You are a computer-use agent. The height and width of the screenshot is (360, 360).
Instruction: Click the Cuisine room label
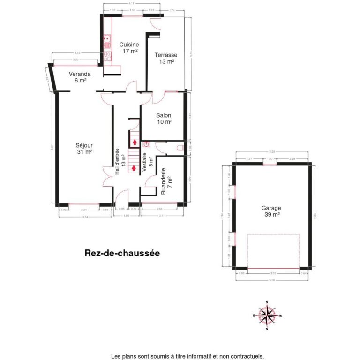click(130, 48)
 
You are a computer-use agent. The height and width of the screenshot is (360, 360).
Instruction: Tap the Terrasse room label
click(166, 58)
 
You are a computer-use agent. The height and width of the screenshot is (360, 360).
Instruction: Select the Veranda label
click(79, 77)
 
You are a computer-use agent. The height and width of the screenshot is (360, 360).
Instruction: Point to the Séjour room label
click(84, 148)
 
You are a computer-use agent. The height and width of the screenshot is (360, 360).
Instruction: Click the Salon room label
click(164, 119)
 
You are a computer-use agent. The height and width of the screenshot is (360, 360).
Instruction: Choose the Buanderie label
click(166, 182)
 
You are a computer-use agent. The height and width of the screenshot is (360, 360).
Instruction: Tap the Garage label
click(271, 211)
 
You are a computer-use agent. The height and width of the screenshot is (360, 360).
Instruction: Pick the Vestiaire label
click(148, 163)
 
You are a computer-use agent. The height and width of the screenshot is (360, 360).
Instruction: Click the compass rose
click(267, 315)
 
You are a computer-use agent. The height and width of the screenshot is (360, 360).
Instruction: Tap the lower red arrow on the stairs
click(135, 167)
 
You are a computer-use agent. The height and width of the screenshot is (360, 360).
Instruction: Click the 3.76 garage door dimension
click(273, 273)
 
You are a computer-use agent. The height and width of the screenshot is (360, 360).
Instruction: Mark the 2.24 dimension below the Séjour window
click(84, 210)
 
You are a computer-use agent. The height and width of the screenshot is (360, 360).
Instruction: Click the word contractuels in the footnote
click(246, 356)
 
